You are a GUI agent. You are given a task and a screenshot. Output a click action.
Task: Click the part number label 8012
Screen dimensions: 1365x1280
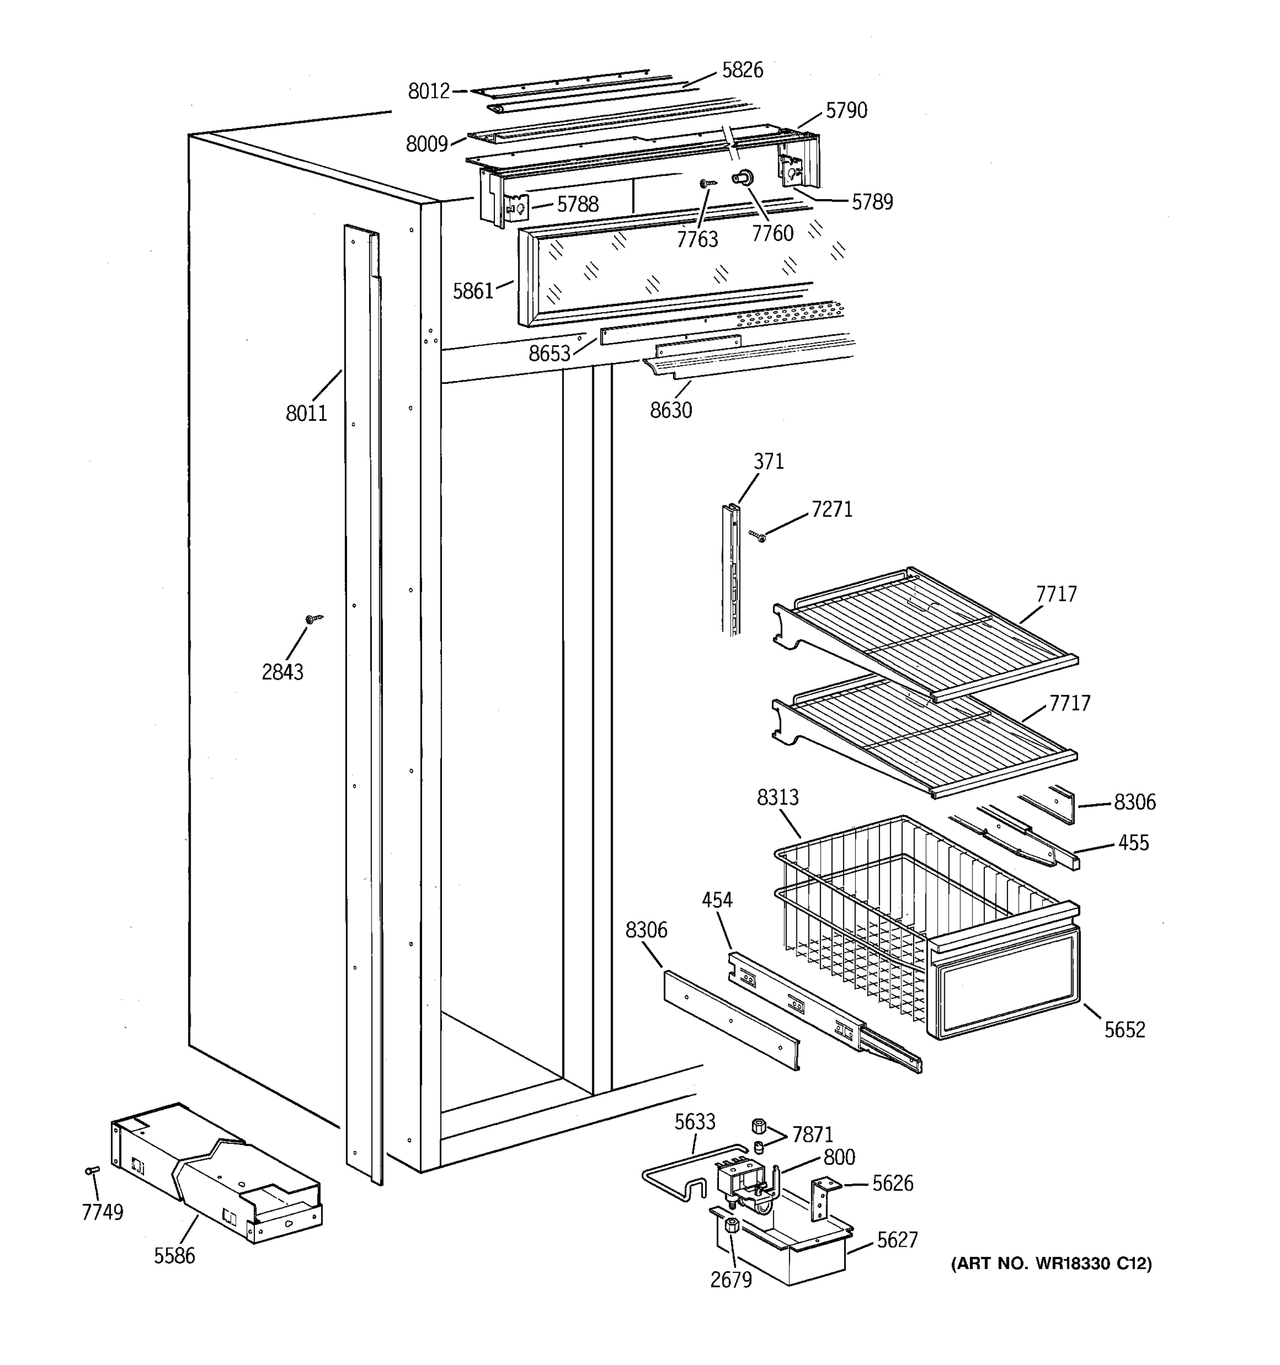pos(428,92)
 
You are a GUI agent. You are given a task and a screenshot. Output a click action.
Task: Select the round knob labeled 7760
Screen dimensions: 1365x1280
pos(743,178)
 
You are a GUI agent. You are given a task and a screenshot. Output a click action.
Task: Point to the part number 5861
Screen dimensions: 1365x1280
pos(472,292)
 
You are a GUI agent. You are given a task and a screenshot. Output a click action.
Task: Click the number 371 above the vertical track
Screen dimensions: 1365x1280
pos(769,461)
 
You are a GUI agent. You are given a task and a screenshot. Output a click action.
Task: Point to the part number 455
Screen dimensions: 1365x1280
pos(1133,842)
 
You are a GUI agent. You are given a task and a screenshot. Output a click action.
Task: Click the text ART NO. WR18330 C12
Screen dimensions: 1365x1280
pos(1051,1263)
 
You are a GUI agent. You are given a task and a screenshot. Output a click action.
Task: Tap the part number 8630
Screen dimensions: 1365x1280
pos(671,411)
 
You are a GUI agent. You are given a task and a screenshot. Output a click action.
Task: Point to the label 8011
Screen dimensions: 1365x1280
pos(306,413)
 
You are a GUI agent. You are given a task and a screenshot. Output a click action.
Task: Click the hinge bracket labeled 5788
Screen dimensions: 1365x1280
pos(517,206)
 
